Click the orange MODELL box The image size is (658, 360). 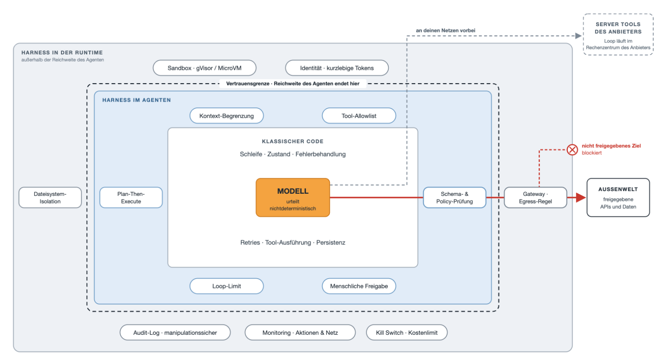pyautogui.click(x=293, y=198)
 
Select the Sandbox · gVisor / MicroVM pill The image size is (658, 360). pyautogui.click(x=204, y=68)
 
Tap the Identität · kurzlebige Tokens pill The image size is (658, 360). pyautogui.click(x=337, y=68)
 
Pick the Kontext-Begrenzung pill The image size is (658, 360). pyautogui.click(x=226, y=116)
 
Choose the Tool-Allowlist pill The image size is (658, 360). pyautogui.click(x=359, y=116)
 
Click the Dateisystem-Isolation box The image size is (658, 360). pyautogui.click(x=50, y=198)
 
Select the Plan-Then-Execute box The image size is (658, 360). pyautogui.click(x=131, y=198)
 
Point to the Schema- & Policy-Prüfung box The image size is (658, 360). pyautogui.click(x=455, y=198)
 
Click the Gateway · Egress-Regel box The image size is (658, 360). pyautogui.click(x=535, y=198)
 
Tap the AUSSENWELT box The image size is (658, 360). pyautogui.click(x=618, y=198)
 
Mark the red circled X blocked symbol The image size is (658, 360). pyautogui.click(x=572, y=149)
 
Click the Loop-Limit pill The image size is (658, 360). pyautogui.click(x=226, y=286)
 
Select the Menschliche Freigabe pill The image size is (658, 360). pyautogui.click(x=359, y=286)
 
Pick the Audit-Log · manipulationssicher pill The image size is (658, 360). pyautogui.click(x=175, y=333)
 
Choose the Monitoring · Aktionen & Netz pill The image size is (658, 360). pyautogui.click(x=300, y=333)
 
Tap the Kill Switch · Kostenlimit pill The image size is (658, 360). pyautogui.click(x=406, y=333)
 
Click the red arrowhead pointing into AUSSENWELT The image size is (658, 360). pyautogui.click(x=581, y=198)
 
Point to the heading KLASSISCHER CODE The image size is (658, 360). pyautogui.click(x=293, y=142)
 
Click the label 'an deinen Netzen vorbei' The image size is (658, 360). pyautogui.click(x=445, y=30)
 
